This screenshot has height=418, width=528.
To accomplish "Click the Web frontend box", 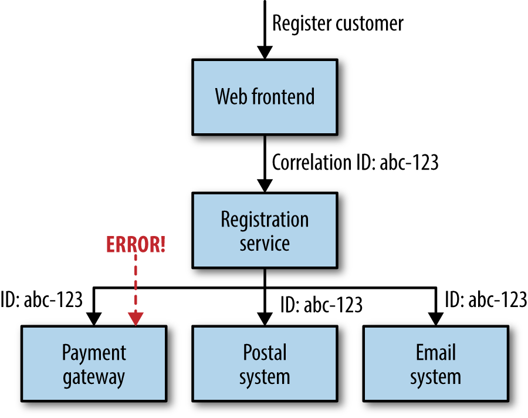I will [x=265, y=96].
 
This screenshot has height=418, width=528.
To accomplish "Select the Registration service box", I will [x=265, y=230].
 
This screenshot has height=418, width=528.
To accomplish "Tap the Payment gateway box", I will [x=94, y=364].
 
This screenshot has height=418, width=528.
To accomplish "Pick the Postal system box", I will [x=265, y=364].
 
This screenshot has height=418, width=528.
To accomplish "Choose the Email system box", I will [x=435, y=364].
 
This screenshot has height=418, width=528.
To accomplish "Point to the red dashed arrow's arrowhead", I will [x=136, y=319].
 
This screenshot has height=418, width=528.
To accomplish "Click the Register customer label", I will [x=338, y=23].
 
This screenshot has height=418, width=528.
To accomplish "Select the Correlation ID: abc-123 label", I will [x=355, y=163].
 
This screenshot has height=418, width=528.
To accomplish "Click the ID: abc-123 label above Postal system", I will [x=321, y=305].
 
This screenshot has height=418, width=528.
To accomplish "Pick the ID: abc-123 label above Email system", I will [x=486, y=299].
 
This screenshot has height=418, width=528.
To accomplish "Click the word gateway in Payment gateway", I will [x=94, y=376].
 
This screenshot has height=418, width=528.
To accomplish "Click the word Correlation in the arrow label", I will [x=309, y=163].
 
